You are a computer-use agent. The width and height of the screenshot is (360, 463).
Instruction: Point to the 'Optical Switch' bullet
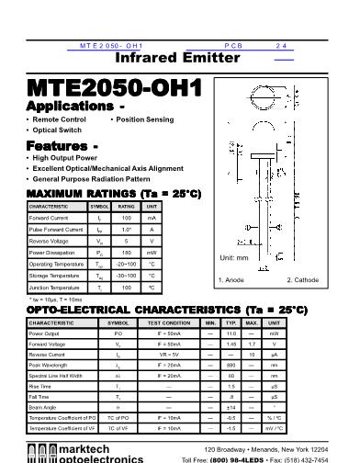[60, 130]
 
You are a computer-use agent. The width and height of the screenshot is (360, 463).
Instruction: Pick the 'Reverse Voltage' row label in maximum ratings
[50, 241]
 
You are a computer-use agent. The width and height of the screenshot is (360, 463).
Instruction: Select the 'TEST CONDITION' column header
[169, 323]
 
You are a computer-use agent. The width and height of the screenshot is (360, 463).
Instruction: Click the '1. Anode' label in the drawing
[231, 279]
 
